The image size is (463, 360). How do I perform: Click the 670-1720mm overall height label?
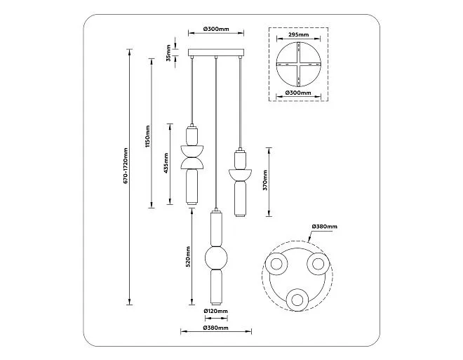[x=126, y=166]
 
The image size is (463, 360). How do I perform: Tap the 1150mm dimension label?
[x=148, y=136]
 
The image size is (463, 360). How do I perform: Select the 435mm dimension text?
[x=166, y=163]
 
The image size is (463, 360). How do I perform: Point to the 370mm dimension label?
[x=265, y=180]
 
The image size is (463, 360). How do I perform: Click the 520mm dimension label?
[x=188, y=257]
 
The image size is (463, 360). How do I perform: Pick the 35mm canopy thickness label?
[x=168, y=53]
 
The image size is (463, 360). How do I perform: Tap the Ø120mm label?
[x=216, y=311]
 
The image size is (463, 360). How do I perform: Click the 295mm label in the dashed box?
[x=298, y=35]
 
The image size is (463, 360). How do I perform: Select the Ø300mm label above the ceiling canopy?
[x=216, y=29]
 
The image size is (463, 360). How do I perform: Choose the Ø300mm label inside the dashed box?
[x=298, y=93]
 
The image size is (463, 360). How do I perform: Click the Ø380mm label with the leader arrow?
[x=324, y=227]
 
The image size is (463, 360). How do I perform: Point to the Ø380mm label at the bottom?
[x=216, y=328]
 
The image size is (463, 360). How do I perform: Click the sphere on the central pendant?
[x=216, y=258]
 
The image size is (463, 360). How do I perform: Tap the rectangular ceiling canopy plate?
[x=216, y=53]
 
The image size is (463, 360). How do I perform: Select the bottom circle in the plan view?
[x=297, y=300]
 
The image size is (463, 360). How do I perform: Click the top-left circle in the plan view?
[x=276, y=264]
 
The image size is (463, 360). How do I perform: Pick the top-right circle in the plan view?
[x=318, y=264]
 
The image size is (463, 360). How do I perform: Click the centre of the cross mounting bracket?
[x=298, y=64]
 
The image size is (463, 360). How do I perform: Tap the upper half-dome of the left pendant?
[x=192, y=151]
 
